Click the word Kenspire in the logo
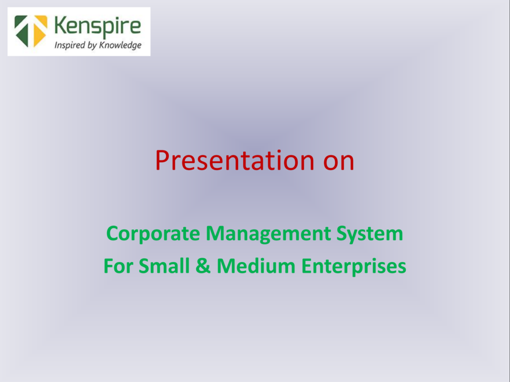(x=98, y=27)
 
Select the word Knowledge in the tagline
(x=121, y=45)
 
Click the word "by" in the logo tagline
(x=92, y=45)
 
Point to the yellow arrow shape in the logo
(x=40, y=30)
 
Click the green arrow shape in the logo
(x=22, y=30)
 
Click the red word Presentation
(x=235, y=160)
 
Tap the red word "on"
(x=339, y=163)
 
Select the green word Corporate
(x=153, y=234)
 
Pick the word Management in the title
(x=268, y=234)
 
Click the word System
(x=370, y=234)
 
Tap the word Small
(x=164, y=266)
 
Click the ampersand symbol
(x=203, y=266)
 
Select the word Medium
(x=256, y=266)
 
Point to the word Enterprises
(x=354, y=267)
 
